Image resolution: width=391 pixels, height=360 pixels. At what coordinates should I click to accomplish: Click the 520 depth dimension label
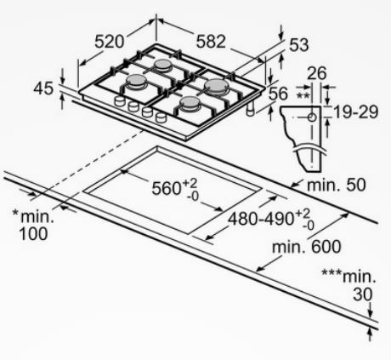click(x=110, y=42)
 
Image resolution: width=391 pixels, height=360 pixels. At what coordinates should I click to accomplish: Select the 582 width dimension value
click(x=211, y=42)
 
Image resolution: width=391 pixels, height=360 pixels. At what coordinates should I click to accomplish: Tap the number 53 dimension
click(x=298, y=45)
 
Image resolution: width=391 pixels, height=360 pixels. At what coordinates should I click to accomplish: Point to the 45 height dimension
click(x=43, y=88)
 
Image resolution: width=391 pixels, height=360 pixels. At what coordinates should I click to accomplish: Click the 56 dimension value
click(x=278, y=94)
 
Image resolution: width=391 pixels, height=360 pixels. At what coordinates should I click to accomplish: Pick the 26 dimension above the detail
click(x=317, y=73)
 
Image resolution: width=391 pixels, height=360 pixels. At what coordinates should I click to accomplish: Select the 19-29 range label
click(x=356, y=111)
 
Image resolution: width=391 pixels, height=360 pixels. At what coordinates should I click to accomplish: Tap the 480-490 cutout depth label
click(x=262, y=219)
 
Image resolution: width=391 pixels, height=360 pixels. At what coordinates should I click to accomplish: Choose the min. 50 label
click(x=337, y=185)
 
